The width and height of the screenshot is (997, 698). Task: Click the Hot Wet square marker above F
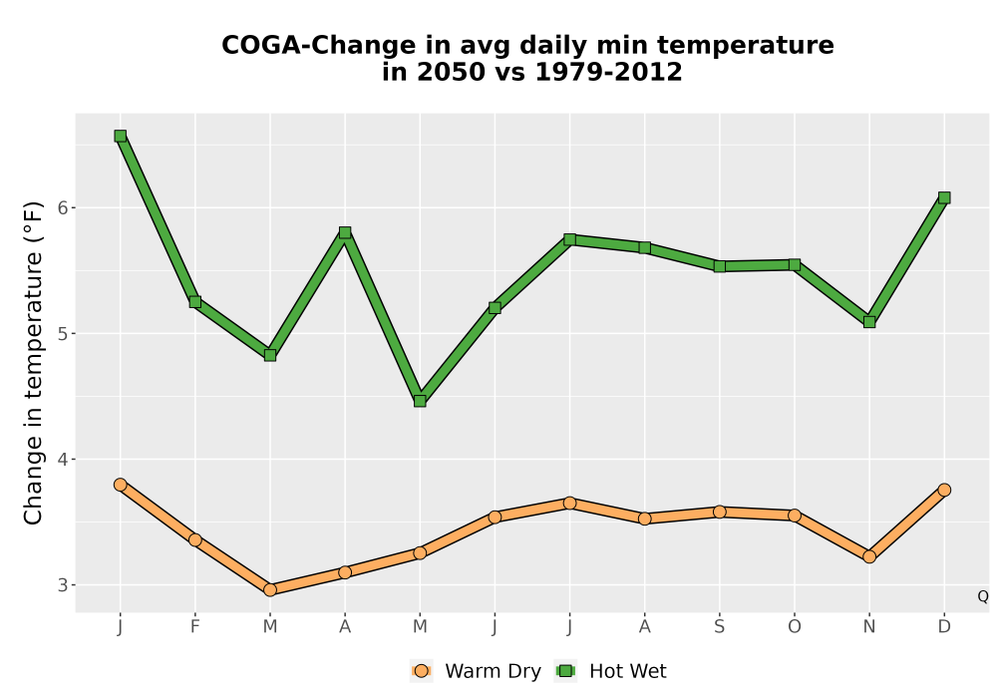coord(195,302)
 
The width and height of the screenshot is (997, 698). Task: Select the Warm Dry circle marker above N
coord(869,556)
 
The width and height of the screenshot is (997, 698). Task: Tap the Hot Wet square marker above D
coord(944,197)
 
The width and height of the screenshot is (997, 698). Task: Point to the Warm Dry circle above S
coord(719,512)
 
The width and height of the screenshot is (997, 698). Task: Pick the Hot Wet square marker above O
coord(795,264)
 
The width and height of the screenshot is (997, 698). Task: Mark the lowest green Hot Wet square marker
coord(420,401)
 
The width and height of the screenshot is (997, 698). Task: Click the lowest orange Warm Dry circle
coord(270,590)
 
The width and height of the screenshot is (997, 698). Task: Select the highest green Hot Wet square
coord(121,136)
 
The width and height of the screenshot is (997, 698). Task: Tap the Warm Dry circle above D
coord(944,490)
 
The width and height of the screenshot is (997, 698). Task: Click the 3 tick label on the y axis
coord(63,585)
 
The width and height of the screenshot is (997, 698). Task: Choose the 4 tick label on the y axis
coord(63,459)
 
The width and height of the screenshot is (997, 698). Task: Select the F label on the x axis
coord(195,627)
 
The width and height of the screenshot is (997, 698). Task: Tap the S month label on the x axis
coord(719,627)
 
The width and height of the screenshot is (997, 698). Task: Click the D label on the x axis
coord(944,627)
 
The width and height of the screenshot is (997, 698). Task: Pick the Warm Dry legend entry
coord(476,671)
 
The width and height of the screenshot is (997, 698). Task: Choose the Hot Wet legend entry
coord(611,671)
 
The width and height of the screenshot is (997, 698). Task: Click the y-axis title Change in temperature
coord(33,363)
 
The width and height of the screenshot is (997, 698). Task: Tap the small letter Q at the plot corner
coord(983,596)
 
